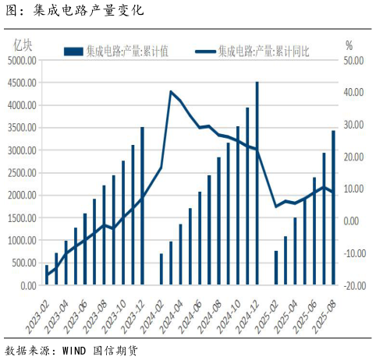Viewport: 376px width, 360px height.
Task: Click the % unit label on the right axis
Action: [349, 44]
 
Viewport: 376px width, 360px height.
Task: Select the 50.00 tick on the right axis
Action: [353, 59]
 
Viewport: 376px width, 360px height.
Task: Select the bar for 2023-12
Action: [142, 206]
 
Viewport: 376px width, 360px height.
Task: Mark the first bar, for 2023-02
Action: [47, 276]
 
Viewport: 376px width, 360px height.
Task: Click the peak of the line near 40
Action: [171, 92]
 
